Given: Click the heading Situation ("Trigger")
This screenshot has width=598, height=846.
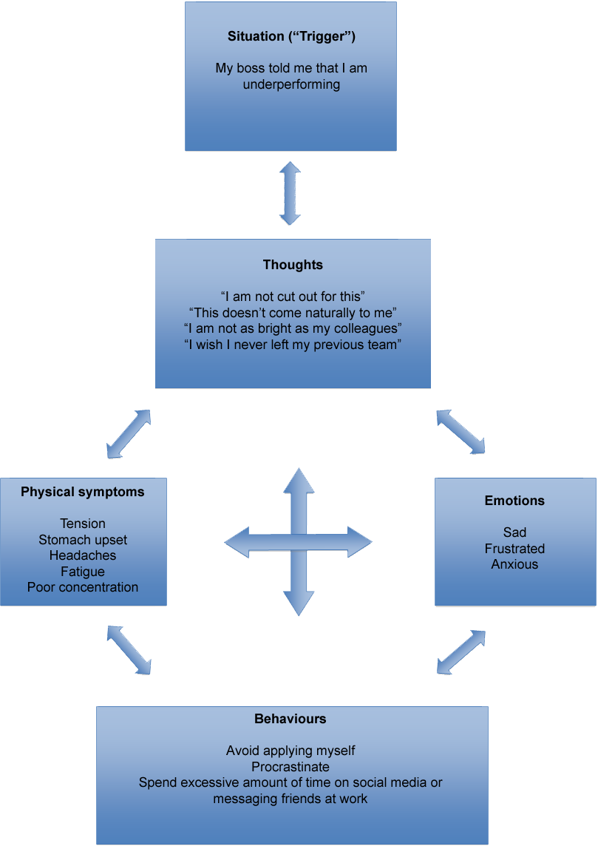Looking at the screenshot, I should pos(290,36).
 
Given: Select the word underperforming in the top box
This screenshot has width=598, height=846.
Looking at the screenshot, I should pos(291,84).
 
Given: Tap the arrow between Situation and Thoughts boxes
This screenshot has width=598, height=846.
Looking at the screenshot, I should pos(290,194).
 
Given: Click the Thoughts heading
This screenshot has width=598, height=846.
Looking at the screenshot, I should pos(293,265).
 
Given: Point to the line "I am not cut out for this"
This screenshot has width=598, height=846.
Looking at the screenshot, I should pos(293,297).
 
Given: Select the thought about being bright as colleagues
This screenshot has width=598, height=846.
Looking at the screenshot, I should pos(293,328).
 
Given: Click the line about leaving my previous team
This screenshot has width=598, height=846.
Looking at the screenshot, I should pos(293,345).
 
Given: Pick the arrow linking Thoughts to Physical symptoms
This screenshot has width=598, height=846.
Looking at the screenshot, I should pos(129,434).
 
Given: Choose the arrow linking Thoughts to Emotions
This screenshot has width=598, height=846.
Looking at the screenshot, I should pos(461,431).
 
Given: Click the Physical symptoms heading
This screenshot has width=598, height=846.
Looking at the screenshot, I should pos(83,492).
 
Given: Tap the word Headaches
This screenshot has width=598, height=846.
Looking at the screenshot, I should pos(83,555).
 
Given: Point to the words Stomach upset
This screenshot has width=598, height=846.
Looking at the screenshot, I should pos(83,540).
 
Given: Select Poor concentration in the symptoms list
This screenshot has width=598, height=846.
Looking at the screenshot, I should pos(83,587).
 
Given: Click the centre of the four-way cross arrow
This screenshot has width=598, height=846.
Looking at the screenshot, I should pos(299,541).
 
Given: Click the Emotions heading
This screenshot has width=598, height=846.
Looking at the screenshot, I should pos(514,501).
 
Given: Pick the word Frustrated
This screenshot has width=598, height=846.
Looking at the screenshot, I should pos(514,549).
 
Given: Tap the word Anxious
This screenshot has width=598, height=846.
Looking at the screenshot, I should pos(514,564).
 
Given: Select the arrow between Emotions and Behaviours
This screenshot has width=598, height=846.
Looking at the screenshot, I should pos(461,652).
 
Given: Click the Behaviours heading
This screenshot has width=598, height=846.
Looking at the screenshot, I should pos(290,719).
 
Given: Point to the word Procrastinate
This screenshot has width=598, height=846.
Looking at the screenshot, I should pos(290,767).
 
